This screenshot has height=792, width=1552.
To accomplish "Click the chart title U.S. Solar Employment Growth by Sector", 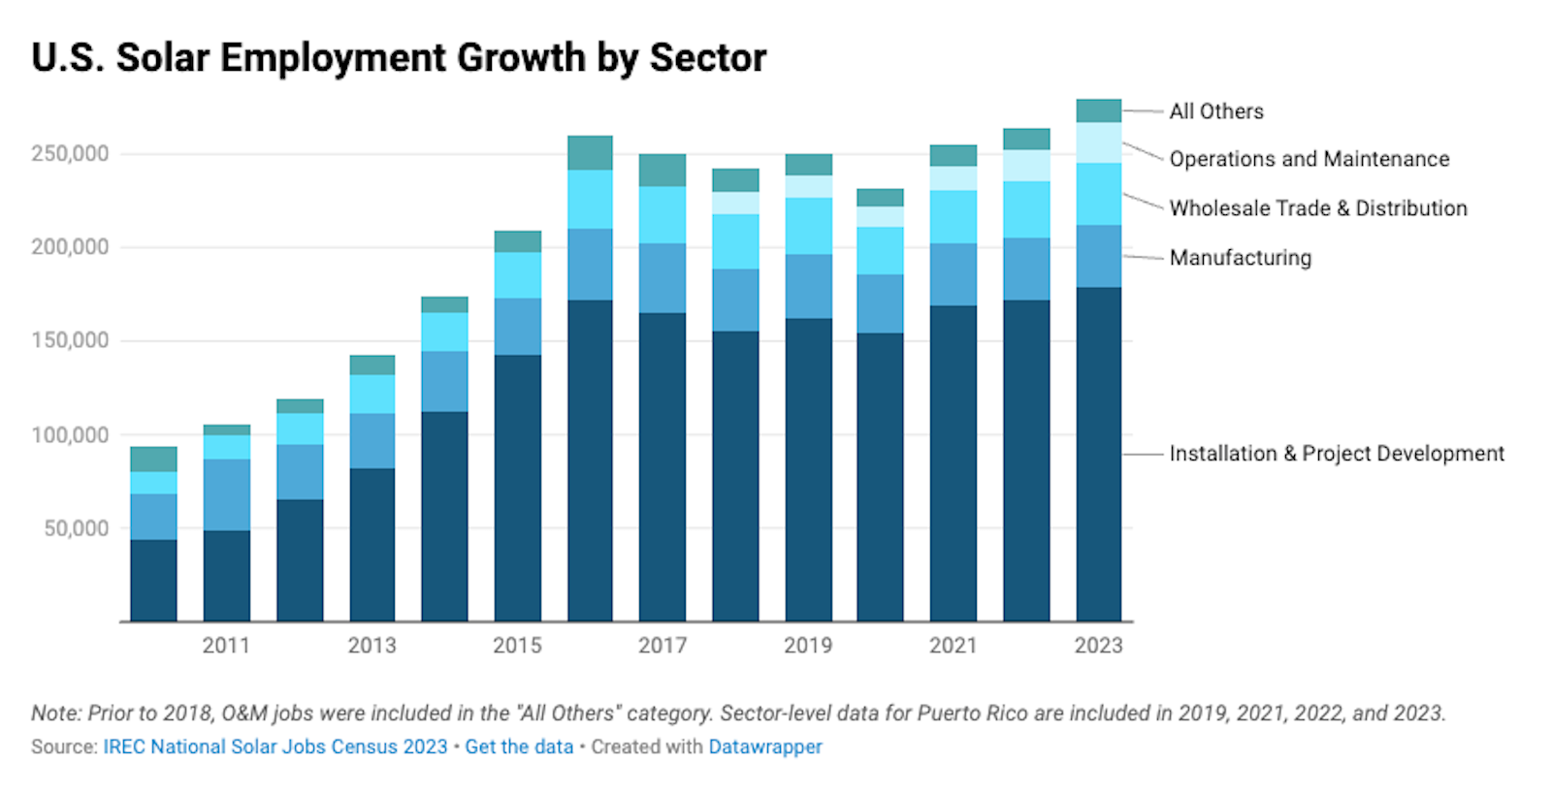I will pyautogui.click(x=399, y=58).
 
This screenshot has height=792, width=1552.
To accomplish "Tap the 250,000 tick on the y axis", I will pyautogui.click(x=70, y=153).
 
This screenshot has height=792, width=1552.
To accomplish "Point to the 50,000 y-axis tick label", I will pyautogui.click(x=77, y=528).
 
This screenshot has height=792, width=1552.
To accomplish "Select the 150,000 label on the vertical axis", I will pyautogui.click(x=70, y=340).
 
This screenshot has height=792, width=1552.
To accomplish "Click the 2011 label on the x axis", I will pyautogui.click(x=226, y=646).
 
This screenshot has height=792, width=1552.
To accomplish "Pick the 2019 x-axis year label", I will pyautogui.click(x=808, y=646).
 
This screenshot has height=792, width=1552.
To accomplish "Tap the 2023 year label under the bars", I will pyautogui.click(x=1098, y=646).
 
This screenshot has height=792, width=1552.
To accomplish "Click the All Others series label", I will pyautogui.click(x=1216, y=111).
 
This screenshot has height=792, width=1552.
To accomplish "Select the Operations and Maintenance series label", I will pyautogui.click(x=1309, y=159).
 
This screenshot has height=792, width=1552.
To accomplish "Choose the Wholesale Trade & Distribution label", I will pyautogui.click(x=1317, y=208).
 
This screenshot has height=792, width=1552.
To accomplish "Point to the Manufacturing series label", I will pyautogui.click(x=1240, y=258).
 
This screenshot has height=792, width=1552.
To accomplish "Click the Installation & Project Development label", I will pyautogui.click(x=1336, y=454).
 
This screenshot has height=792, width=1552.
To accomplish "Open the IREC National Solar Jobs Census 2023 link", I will pyautogui.click(x=275, y=746).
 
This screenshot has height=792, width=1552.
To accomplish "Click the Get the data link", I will pyautogui.click(x=519, y=746).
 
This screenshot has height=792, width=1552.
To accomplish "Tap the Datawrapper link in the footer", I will pyautogui.click(x=765, y=746).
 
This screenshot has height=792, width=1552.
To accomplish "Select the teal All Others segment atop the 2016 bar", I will pyautogui.click(x=590, y=153).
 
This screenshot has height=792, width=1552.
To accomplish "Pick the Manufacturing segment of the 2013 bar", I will pyautogui.click(x=372, y=441).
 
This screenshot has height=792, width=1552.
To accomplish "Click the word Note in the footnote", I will pyautogui.click(x=54, y=713).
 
